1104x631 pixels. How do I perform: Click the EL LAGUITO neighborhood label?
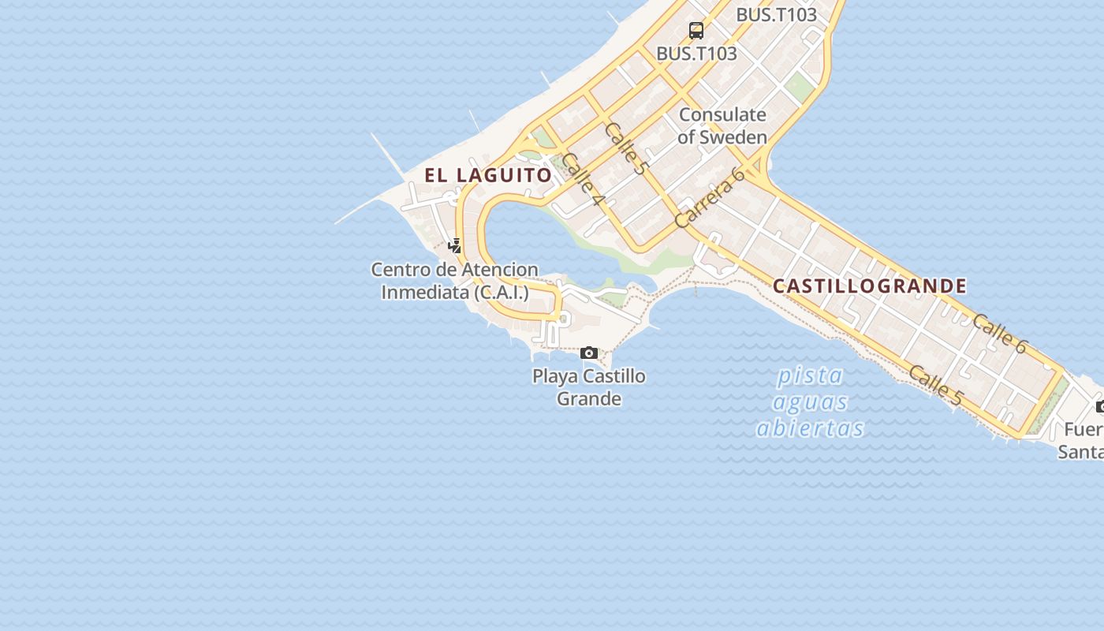point(488,175)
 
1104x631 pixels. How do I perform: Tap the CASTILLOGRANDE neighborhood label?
point(869,286)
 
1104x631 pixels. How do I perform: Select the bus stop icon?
point(696,31)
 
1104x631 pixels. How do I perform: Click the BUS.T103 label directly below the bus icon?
point(696,54)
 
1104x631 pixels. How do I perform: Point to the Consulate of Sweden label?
point(722,125)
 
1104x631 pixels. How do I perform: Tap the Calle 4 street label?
point(584,181)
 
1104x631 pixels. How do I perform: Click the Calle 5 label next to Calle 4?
point(625,147)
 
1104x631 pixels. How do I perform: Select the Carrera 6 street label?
point(710,199)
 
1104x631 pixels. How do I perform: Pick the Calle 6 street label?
point(999,333)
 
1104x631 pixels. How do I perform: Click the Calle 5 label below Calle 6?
point(935,385)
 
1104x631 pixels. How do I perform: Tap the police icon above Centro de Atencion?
point(454,245)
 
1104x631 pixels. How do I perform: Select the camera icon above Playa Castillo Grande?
point(589,353)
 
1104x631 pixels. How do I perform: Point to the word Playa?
point(557,376)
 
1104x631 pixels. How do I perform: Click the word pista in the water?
point(810,375)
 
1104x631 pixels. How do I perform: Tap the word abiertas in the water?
point(810,428)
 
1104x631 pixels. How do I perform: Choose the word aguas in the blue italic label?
point(810,401)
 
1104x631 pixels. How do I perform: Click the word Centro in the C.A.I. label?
point(401,270)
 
